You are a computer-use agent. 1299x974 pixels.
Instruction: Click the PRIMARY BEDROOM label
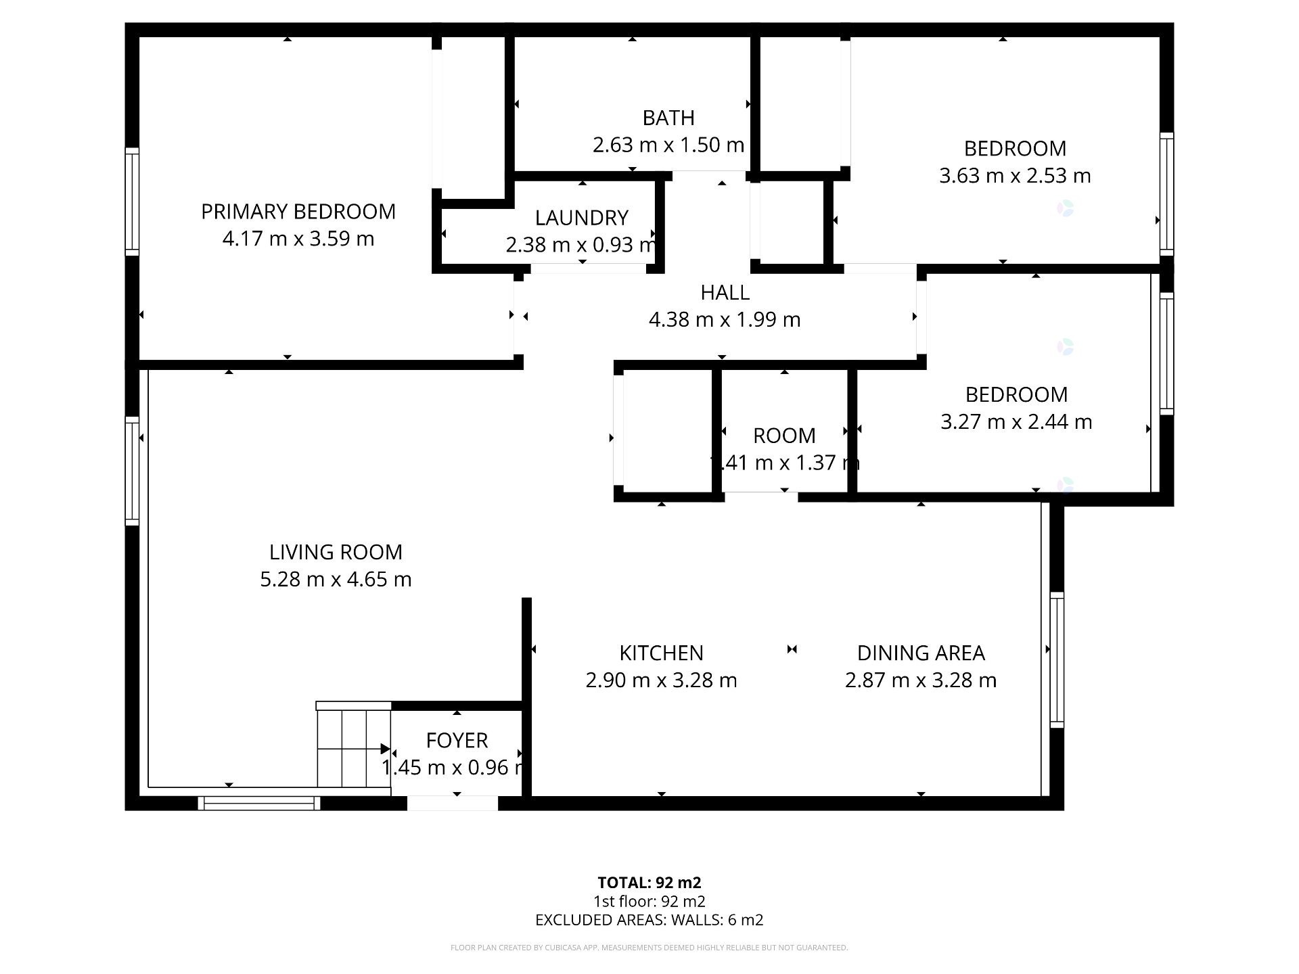(298, 212)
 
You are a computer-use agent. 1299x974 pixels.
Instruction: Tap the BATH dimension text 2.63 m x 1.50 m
(668, 145)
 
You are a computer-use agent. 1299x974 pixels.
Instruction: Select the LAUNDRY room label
(581, 218)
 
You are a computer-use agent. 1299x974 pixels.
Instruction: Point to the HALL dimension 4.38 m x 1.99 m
(724, 319)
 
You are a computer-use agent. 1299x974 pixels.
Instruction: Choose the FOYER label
(457, 741)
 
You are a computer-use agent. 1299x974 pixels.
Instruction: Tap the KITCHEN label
(661, 653)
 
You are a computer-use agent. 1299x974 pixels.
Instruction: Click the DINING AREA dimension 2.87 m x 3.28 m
(920, 680)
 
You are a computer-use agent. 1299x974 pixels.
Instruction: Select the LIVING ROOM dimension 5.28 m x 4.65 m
(336, 580)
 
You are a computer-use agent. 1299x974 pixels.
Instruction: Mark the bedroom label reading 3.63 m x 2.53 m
(1014, 176)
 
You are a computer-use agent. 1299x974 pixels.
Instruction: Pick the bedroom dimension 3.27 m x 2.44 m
(1016, 422)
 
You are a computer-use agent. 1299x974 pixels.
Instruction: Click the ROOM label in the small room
(784, 436)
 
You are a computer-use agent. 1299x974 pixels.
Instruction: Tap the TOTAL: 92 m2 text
(649, 883)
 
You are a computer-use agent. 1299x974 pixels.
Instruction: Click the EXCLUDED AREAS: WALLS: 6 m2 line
(649, 920)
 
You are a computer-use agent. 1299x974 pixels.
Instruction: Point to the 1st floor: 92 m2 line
(649, 902)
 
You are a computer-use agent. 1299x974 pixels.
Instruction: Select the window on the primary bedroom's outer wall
(132, 202)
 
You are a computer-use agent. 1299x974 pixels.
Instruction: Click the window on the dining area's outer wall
(1056, 659)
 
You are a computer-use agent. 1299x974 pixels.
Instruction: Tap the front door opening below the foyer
(452, 803)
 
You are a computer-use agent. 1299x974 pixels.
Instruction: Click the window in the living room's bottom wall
(259, 803)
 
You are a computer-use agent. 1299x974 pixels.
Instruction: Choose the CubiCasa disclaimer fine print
(649, 948)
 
